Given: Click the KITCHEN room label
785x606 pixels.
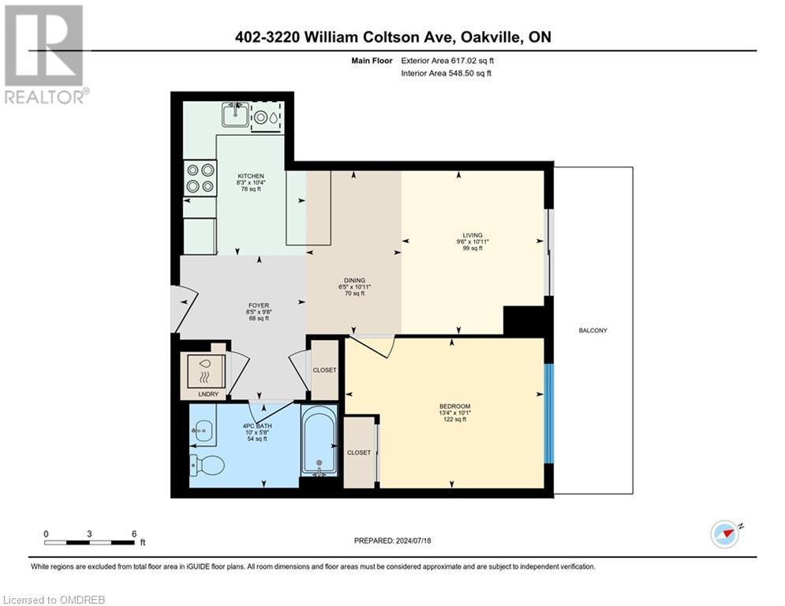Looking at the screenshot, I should click(251, 176).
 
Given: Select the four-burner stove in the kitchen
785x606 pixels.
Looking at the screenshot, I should click(200, 178).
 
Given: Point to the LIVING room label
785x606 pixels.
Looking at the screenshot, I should click(473, 235).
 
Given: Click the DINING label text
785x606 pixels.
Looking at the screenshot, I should click(353, 279).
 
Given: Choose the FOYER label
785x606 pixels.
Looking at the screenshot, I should click(259, 305).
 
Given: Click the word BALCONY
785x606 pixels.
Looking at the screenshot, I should click(592, 331).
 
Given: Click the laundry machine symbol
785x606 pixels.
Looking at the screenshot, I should click(204, 368).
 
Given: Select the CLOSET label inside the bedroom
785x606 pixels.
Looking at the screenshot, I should click(359, 452).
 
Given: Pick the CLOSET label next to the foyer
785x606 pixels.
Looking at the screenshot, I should click(324, 370).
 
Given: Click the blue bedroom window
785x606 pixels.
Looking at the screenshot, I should click(550, 414).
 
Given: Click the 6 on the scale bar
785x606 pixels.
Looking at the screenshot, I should click(134, 533).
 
